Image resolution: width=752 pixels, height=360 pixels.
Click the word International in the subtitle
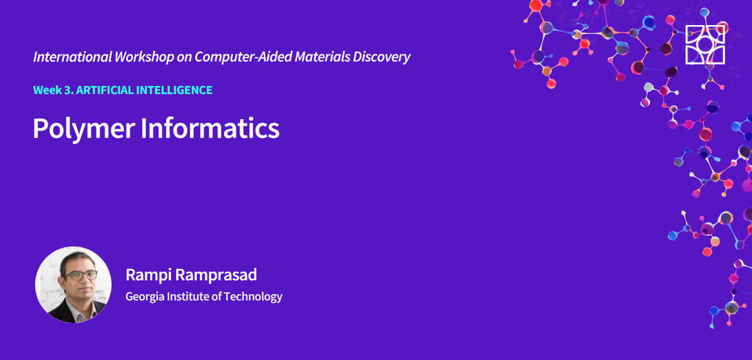click(73, 57)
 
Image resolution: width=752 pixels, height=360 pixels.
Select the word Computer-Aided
click(242, 57)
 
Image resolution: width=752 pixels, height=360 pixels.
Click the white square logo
click(705, 45)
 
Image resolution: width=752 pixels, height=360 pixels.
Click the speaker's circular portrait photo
click(73, 284)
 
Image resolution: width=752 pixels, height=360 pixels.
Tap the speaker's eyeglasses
click(80, 275)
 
